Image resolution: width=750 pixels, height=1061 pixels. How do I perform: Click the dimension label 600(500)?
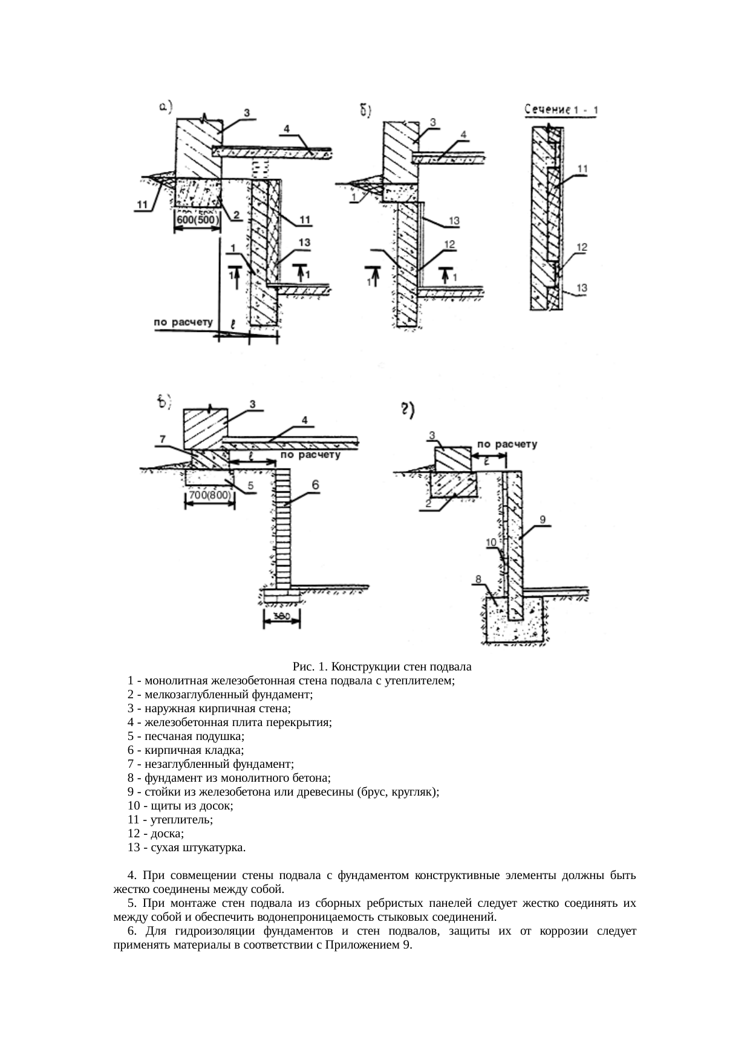[x=197, y=221]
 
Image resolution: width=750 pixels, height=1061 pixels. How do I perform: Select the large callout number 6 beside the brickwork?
[x=316, y=485]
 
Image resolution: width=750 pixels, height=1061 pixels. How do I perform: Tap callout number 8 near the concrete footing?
[x=478, y=579]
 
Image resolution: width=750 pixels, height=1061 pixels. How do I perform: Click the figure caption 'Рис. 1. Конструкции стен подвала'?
[x=382, y=667]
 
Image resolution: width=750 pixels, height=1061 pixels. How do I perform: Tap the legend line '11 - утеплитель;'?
[x=171, y=820]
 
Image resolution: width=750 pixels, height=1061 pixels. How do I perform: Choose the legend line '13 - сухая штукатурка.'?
[x=187, y=848]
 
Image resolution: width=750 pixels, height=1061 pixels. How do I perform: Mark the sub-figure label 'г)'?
[x=406, y=410]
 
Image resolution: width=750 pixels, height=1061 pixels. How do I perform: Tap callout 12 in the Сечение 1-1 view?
[x=581, y=247]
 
